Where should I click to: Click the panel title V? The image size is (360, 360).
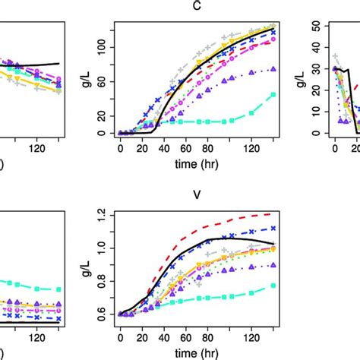pyautogui.click(x=197, y=194)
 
